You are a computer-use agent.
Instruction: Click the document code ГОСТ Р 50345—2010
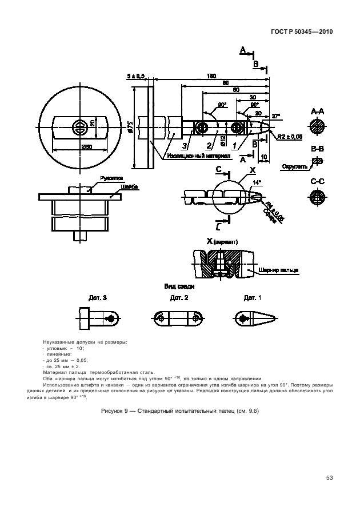[x=302, y=32]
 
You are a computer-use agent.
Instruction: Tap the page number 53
[x=329, y=477]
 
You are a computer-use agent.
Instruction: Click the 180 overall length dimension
[x=212, y=76]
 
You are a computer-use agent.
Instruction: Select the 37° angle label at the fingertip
[x=277, y=116]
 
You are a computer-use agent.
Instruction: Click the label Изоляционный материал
[x=198, y=155]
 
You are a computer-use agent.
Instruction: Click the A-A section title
[x=318, y=111]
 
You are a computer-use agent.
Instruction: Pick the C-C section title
[x=318, y=181]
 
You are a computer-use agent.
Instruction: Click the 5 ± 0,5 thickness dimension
[x=136, y=76]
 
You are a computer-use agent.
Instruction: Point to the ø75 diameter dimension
[x=131, y=128]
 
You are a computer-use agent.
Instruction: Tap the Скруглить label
[x=294, y=166]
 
